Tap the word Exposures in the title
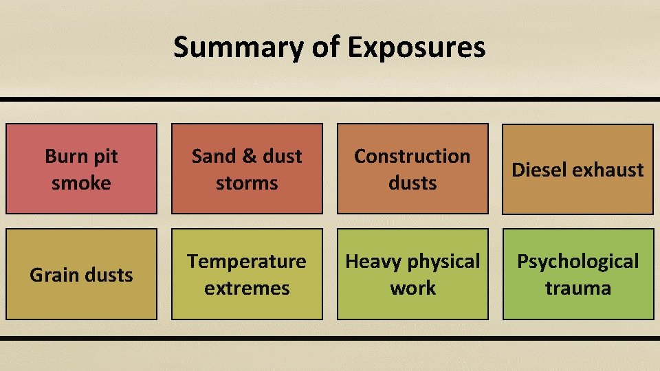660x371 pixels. pos(416,47)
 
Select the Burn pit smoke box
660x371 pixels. pos(81,169)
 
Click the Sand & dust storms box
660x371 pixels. pos(247,169)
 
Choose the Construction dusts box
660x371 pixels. pos(412,169)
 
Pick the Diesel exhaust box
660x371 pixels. pos(577,169)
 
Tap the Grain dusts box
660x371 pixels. pos(81,274)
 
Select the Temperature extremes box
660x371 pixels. pos(247,274)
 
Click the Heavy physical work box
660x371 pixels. pos(412,274)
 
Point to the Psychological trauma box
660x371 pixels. pos(577,274)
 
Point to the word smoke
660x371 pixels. pos(81,183)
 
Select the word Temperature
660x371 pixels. pos(247,261)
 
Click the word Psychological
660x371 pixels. pos(577,261)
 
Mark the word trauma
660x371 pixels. pos(577,288)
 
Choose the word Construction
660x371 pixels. pos(412,156)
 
